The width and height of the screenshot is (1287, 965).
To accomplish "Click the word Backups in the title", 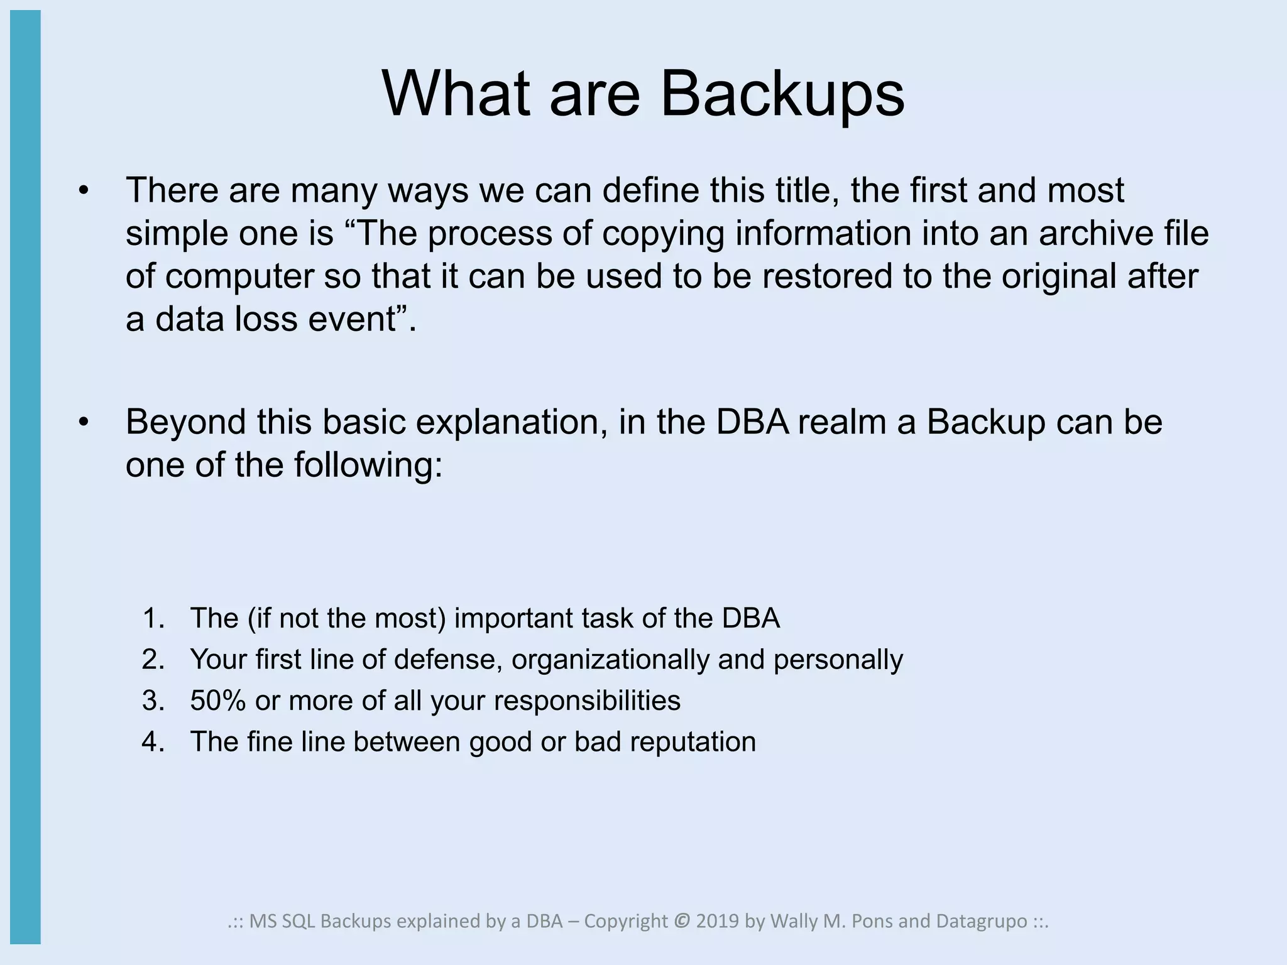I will tap(782, 94).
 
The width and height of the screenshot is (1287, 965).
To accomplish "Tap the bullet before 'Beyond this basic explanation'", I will tap(84, 422).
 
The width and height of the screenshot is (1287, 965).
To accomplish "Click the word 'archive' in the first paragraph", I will tap(1096, 233).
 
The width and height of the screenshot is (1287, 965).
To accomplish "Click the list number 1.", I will tap(153, 618).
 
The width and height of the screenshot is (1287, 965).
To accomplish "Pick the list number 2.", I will tap(153, 660).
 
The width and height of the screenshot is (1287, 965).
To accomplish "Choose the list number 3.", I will tap(153, 701).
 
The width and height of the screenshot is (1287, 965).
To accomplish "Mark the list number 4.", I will tap(153, 742).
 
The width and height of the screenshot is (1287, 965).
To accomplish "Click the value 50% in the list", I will tap(217, 701).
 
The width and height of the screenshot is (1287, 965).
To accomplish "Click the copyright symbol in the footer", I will tap(681, 921).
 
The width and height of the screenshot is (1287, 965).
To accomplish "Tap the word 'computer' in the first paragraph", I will tap(239, 276).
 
